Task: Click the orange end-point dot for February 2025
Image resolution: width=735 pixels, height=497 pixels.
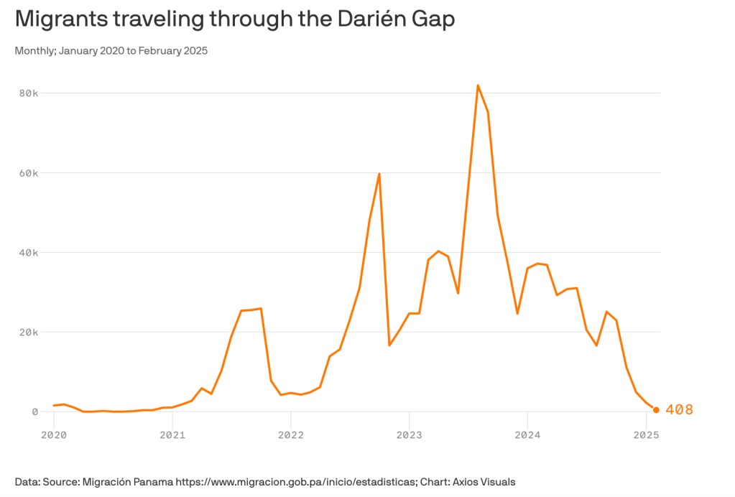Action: pyautogui.click(x=656, y=410)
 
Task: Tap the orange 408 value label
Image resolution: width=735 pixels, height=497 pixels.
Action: pyautogui.click(x=680, y=410)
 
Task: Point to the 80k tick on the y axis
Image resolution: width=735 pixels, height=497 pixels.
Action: pyautogui.click(x=29, y=93)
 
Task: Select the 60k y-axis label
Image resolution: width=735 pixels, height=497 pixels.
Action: pyautogui.click(x=29, y=173)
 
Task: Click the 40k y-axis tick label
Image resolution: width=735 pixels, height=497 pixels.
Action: pyautogui.click(x=29, y=253)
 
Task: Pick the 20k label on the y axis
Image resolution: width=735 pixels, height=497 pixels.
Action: pyautogui.click(x=29, y=333)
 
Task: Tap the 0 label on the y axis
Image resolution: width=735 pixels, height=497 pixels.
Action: pyautogui.click(x=34, y=412)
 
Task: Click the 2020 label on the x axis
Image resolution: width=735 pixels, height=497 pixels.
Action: pyautogui.click(x=53, y=435)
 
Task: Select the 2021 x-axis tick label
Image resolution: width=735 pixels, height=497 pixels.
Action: pyautogui.click(x=172, y=435)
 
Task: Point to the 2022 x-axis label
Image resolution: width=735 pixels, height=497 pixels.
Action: pyautogui.click(x=290, y=435)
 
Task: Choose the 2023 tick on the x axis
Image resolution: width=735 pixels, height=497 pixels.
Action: pyautogui.click(x=409, y=435)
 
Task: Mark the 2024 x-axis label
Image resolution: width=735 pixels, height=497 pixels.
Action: pyautogui.click(x=527, y=435)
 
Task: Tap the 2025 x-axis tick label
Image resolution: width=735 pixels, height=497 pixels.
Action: pyautogui.click(x=646, y=435)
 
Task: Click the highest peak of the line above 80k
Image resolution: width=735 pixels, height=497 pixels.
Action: pyautogui.click(x=478, y=85)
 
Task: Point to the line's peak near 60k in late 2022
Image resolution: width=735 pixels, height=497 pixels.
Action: pyautogui.click(x=379, y=174)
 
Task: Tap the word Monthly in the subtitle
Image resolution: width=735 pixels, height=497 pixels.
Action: pyautogui.click(x=32, y=51)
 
